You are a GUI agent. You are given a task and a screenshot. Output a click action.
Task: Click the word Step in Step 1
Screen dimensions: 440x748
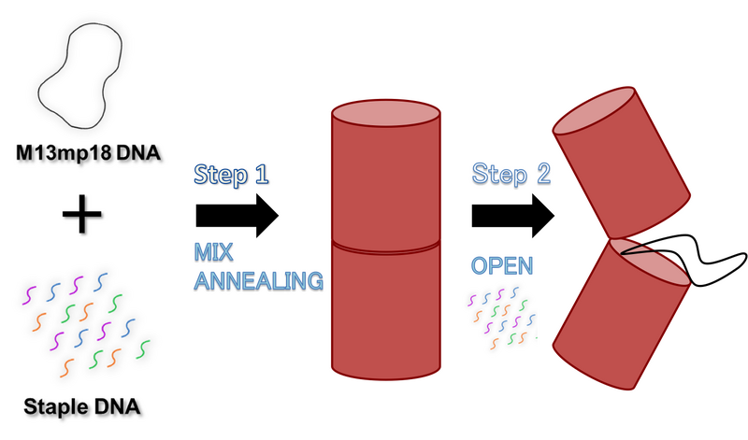pos(221,175)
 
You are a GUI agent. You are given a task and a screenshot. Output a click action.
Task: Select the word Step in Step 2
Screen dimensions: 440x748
pos(499,173)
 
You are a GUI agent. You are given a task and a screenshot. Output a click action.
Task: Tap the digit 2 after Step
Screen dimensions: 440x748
pos(542,173)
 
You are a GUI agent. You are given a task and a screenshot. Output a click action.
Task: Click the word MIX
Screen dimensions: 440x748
pos(213,250)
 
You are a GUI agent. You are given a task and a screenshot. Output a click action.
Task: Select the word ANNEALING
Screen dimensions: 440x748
pos(258,278)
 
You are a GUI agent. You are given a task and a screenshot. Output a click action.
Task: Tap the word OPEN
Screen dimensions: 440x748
pos(501,265)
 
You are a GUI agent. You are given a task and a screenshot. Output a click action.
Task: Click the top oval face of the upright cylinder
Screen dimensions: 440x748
pos(385,113)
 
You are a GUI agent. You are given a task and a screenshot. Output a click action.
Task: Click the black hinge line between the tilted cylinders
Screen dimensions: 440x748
pos(636,248)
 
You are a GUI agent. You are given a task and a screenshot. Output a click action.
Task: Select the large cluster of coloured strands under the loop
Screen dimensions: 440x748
pos(84,322)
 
